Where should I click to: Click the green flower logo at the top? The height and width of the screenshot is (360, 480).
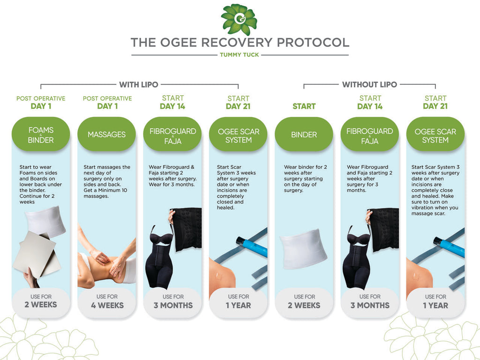239,19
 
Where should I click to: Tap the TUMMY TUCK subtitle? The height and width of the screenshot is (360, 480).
240,55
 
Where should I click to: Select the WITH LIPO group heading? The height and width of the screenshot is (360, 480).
139,84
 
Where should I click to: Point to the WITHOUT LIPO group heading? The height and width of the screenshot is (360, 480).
369,84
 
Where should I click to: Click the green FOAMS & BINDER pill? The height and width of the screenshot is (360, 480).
41,134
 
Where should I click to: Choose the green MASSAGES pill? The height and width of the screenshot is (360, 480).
106,134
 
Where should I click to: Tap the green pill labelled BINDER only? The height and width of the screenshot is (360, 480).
304,134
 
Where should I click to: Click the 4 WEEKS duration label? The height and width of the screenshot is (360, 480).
107,305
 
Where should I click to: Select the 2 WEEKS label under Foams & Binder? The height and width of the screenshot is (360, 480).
41,305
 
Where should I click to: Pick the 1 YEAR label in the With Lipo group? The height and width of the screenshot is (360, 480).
239,305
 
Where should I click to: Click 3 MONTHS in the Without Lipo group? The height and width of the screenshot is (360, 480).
370,305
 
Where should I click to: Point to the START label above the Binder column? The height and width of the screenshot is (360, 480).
304,106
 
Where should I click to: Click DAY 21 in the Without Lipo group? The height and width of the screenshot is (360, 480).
435,106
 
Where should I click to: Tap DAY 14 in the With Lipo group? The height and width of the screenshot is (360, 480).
172,106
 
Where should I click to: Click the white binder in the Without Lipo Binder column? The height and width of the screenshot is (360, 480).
303,248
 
